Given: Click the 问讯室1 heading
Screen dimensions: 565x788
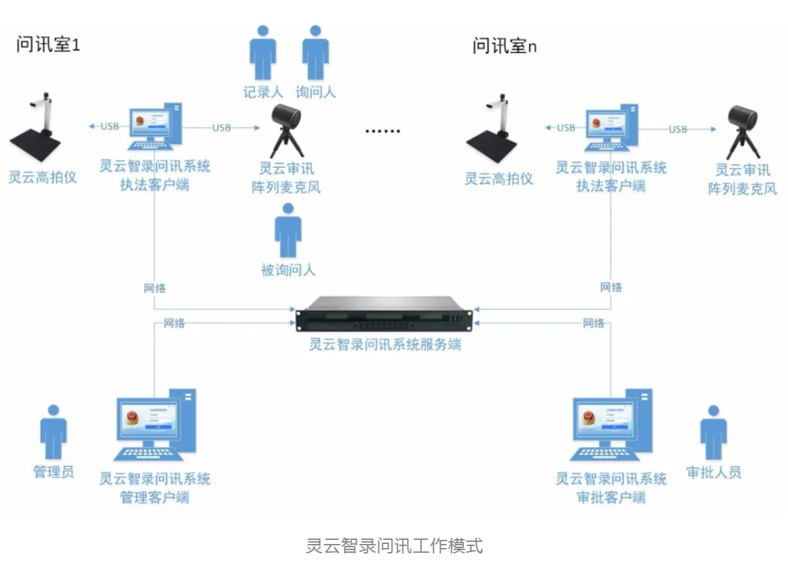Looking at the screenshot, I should [48, 45].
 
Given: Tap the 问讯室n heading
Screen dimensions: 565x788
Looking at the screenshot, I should [504, 45].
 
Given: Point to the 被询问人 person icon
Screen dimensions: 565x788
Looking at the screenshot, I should [288, 231].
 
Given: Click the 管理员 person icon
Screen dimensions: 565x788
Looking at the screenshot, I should [53, 433].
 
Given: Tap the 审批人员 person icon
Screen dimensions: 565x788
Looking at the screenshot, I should [713, 433].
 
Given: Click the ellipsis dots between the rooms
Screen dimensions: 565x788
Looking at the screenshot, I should [383, 131].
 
